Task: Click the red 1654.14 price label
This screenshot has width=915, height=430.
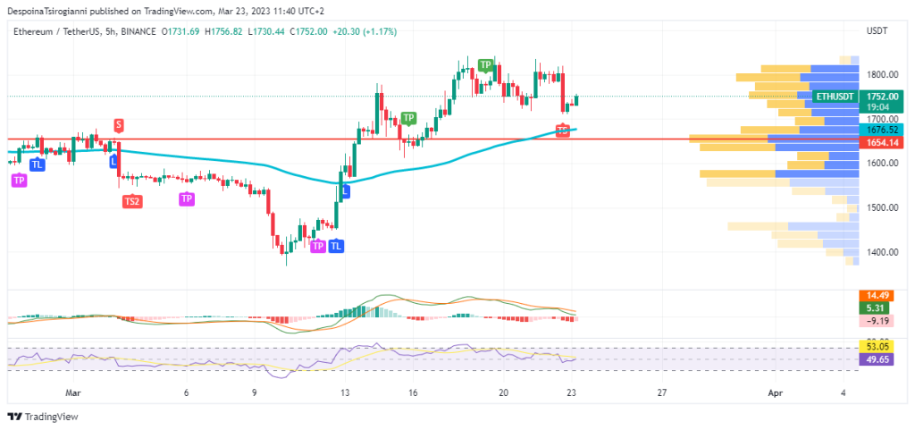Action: [880, 142]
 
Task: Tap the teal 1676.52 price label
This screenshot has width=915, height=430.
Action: [880, 130]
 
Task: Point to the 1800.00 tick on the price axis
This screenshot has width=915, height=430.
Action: [881, 74]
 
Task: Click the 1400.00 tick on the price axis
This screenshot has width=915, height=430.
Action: [881, 252]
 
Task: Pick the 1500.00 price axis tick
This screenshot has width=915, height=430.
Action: [881, 207]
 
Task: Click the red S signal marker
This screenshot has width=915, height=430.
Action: [119, 124]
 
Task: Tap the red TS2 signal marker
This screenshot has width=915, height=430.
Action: [131, 201]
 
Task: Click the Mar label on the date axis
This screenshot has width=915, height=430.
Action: [74, 392]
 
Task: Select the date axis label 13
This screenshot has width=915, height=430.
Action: [345, 392]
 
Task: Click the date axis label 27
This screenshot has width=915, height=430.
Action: [661, 392]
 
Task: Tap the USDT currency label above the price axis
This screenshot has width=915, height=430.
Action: [877, 31]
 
